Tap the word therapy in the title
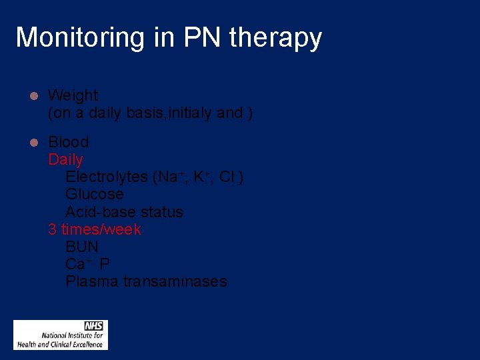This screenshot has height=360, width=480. click(275, 38)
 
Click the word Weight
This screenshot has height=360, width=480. click(73, 96)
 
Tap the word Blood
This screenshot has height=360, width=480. click(68, 142)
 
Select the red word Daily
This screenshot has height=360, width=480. click(65, 159)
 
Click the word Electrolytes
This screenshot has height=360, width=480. click(107, 177)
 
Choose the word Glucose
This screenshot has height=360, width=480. click(94, 195)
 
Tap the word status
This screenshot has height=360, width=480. click(162, 212)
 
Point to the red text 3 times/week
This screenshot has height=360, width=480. click(95, 229)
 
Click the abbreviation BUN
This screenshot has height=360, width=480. click(81, 247)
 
